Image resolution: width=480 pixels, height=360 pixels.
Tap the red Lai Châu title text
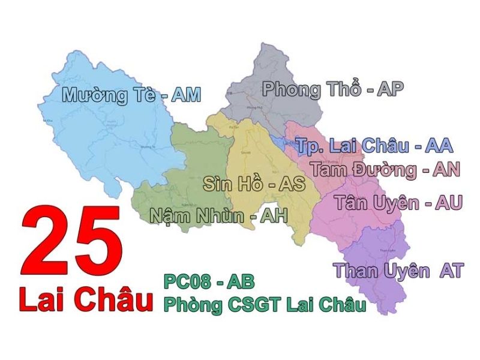tap(84, 300)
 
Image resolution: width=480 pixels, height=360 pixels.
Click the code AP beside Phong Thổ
tap(390, 89)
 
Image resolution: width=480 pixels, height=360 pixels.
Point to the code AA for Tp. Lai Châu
tap(438, 145)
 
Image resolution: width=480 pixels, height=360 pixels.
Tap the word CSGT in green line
tap(254, 304)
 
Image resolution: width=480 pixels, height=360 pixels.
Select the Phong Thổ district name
tap(312, 90)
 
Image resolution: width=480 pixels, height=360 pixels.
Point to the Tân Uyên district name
tap(377, 203)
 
